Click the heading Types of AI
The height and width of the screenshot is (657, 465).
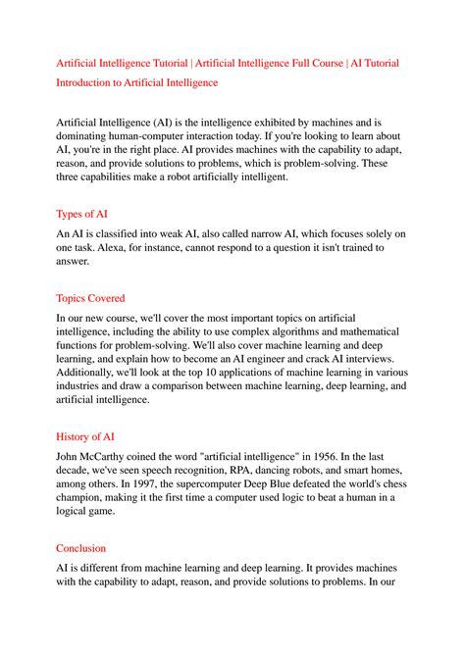[83, 213]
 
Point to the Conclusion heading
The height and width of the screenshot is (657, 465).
[82, 548]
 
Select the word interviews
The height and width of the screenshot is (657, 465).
[357, 360]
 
